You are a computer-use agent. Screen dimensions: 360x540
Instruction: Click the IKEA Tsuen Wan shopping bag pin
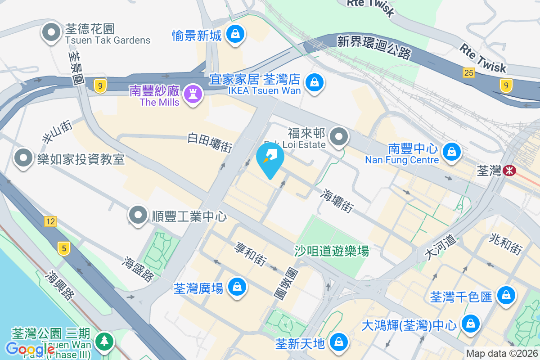coord(315,82)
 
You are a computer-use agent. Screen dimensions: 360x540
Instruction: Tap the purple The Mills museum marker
coord(193,94)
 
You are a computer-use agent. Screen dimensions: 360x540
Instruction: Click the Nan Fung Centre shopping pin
coord(450,151)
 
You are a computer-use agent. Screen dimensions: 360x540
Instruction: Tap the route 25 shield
coord(469,72)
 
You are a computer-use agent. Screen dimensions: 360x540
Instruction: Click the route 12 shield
coord(50,221)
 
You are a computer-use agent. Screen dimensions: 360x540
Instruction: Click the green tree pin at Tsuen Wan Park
coord(104,340)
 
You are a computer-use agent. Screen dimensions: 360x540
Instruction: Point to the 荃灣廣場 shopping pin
coord(236,286)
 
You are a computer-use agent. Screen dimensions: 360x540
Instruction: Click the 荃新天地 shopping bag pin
coord(337,342)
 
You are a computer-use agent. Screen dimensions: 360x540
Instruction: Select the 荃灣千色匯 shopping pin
coord(506,295)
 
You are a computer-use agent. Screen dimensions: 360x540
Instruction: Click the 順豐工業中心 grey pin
coord(138,215)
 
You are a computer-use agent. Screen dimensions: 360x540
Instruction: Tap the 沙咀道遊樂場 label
coord(332,251)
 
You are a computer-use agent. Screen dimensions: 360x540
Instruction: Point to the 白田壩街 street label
coord(210,142)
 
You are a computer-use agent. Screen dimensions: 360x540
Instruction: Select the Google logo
coord(30,349)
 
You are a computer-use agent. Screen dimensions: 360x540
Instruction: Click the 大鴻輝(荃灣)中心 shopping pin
coord(470,323)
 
